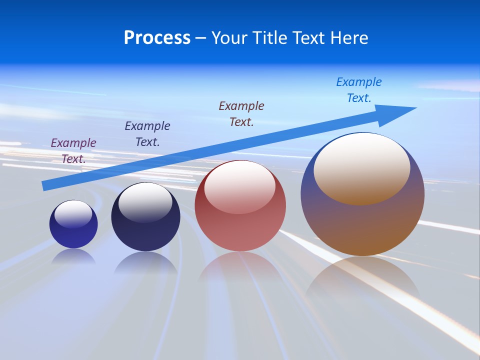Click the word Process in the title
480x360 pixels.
pos(157,38)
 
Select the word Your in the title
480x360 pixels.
pos(229,38)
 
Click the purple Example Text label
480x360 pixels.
pos(73,150)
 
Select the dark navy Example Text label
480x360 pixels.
pos(147,133)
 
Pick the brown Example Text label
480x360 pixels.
pos(241,113)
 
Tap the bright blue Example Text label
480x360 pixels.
pos(359,90)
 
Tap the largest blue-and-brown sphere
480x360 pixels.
pos(362,220)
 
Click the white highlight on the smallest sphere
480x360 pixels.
pos(73,213)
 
